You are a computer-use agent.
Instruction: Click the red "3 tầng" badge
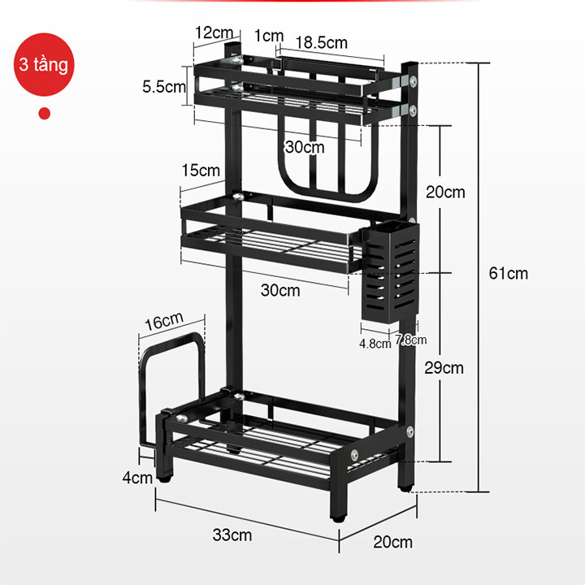click(x=44, y=64)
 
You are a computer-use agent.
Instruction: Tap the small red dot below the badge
click(x=45, y=114)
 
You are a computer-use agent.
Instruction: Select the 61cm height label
click(x=509, y=274)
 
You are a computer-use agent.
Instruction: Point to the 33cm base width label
click(x=232, y=535)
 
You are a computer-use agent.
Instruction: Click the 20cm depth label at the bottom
click(x=393, y=542)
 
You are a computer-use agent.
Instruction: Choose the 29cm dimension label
click(x=444, y=368)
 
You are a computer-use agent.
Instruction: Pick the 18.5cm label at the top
click(x=321, y=42)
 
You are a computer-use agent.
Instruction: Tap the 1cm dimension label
click(x=269, y=36)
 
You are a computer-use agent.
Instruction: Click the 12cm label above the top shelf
click(x=214, y=32)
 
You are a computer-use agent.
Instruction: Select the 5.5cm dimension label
click(x=164, y=87)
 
